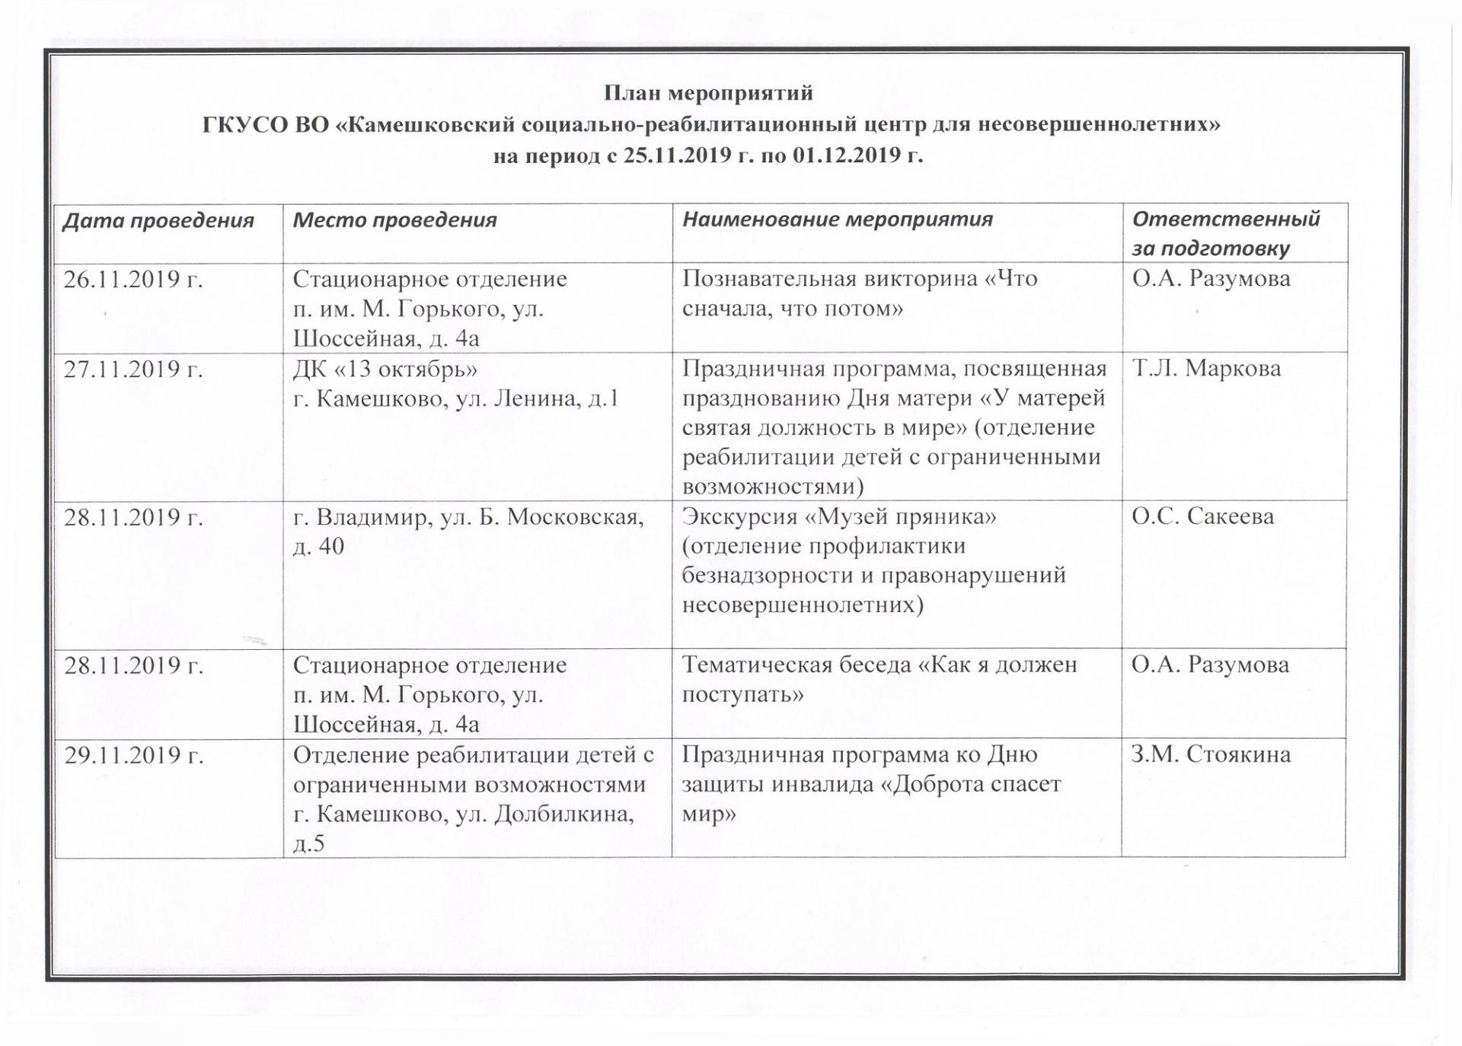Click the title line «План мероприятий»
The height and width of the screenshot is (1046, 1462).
click(x=708, y=93)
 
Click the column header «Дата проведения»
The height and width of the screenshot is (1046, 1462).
click(x=158, y=221)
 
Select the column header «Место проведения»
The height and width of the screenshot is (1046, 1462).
click(x=394, y=220)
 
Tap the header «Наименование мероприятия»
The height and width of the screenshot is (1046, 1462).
click(x=837, y=219)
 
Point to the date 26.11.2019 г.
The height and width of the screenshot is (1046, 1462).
click(x=133, y=280)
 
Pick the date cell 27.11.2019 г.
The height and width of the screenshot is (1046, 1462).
click(x=133, y=369)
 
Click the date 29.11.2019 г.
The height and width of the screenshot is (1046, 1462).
click(x=133, y=755)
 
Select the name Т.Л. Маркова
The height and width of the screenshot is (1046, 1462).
click(x=1206, y=369)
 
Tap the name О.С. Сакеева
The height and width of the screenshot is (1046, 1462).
click(x=1202, y=517)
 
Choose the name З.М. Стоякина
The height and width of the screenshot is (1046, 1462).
click(x=1211, y=755)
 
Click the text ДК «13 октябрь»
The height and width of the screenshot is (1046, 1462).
click(x=385, y=369)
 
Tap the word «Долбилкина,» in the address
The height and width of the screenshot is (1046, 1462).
click(x=564, y=814)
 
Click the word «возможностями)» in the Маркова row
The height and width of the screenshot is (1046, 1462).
click(x=773, y=487)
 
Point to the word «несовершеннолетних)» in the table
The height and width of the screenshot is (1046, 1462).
click(x=803, y=606)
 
